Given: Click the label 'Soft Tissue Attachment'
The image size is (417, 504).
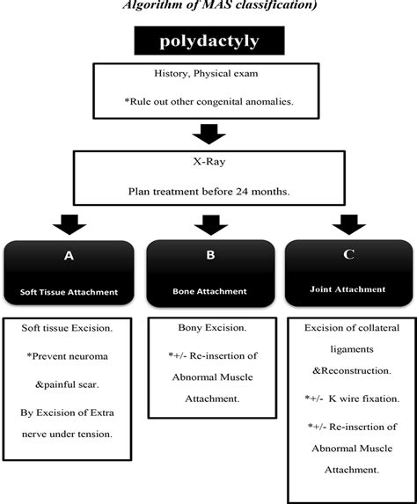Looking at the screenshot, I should pos(69,291).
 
